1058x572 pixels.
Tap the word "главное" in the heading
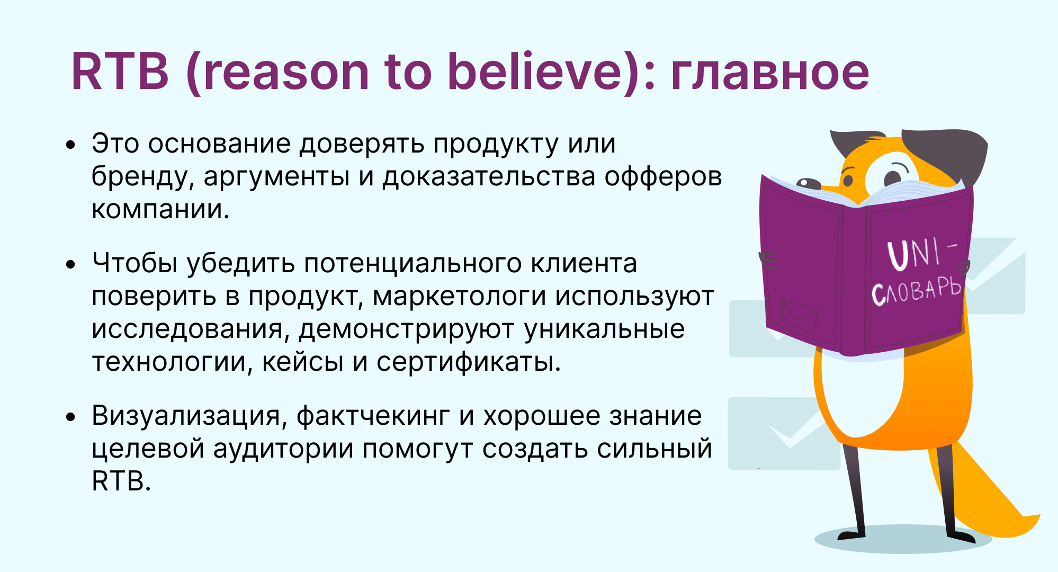coord(770,73)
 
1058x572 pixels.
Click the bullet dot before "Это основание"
coord(71,145)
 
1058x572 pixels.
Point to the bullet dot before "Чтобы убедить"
coord(71,264)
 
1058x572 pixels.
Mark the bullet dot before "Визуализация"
coord(71,417)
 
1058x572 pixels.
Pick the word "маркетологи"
coord(459,297)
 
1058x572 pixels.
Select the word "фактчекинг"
coord(373,416)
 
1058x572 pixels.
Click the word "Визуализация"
coord(186,416)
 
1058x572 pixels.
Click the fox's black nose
coord(808,184)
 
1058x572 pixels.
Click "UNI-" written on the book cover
coord(921,253)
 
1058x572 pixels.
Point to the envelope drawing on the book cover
coord(799,316)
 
